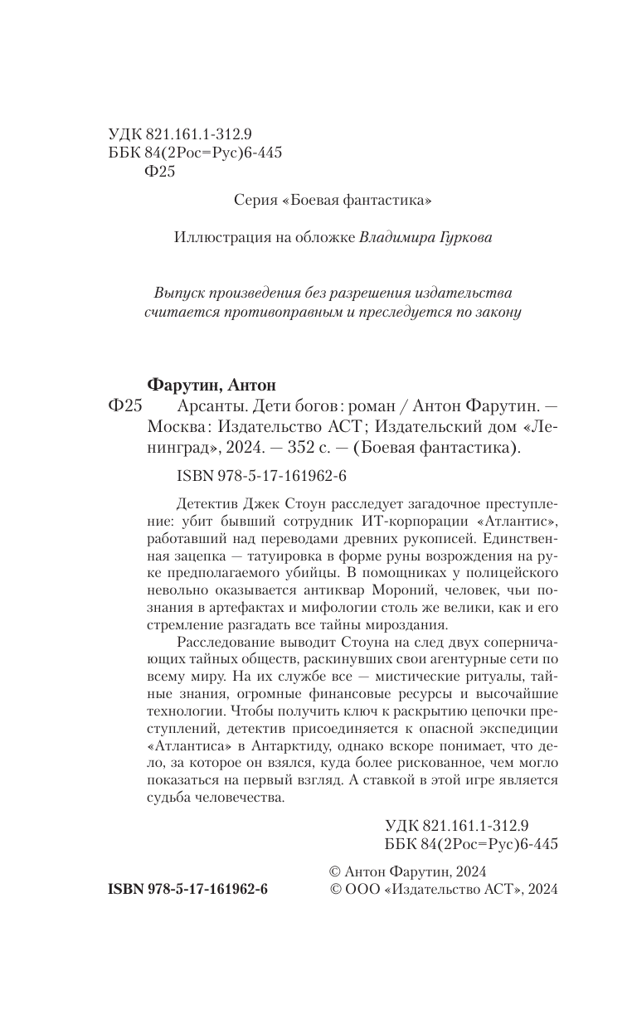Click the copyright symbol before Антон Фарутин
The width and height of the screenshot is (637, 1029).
click(335, 870)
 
